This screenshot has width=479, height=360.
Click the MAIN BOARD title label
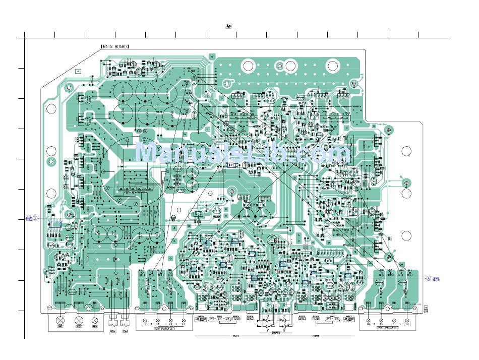pos(115,46)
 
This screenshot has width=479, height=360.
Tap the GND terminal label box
pos(60,327)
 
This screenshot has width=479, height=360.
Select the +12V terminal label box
pos(78,327)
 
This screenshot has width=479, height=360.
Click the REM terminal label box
pos(95,327)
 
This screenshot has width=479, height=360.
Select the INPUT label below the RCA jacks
pos(275,332)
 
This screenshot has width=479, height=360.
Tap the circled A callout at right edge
pos(429,278)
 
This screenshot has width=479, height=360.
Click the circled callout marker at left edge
pos(35,218)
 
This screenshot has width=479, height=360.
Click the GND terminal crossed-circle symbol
pos(61,320)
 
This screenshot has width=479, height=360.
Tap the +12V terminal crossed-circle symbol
pos(78,320)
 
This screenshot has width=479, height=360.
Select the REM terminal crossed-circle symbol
pos(95,320)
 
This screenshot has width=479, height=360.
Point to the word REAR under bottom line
pos(235,336)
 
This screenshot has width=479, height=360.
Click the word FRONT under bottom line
pos(316,336)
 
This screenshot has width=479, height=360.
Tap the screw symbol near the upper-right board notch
pos(389,130)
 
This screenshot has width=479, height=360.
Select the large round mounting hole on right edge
pos(407,150)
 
